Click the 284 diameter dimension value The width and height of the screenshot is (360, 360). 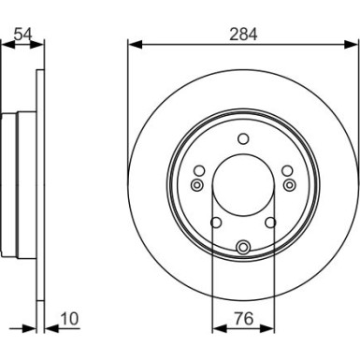243,33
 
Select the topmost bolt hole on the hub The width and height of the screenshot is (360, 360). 243,140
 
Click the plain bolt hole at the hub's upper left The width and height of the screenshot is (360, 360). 199,169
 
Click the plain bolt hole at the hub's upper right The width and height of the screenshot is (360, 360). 287,169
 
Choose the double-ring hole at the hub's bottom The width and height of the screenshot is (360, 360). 243,247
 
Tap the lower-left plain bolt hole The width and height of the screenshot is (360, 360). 216,222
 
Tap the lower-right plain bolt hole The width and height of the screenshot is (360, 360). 270,222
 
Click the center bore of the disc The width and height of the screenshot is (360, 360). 243,187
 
